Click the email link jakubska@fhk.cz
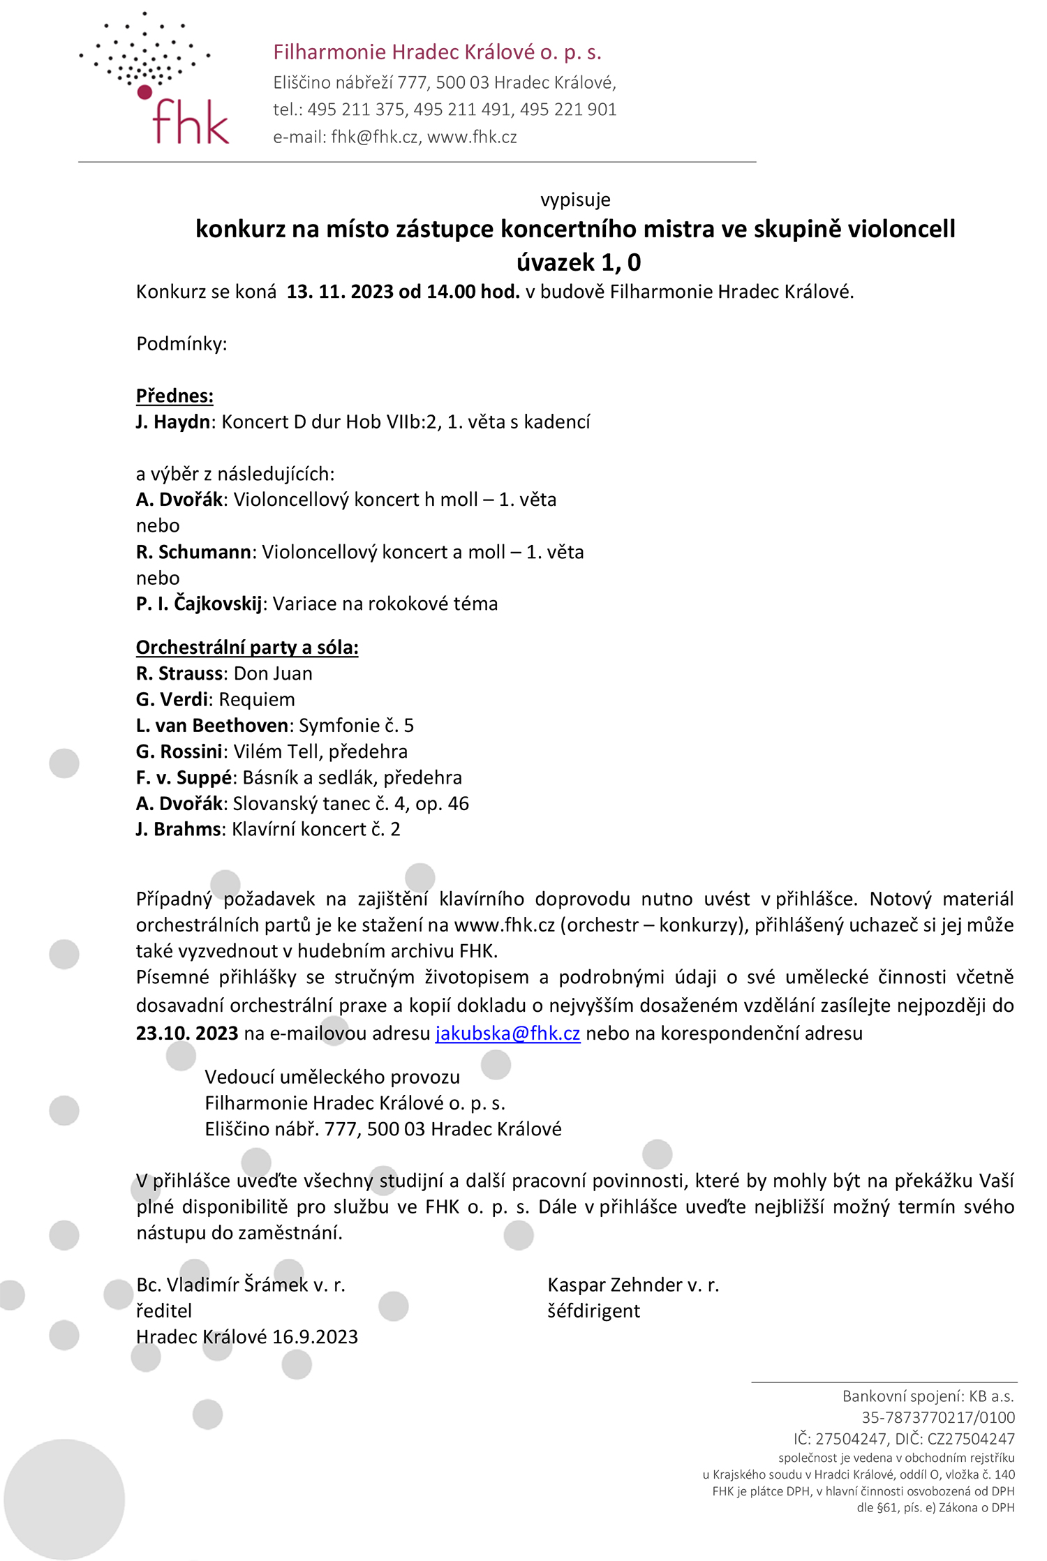coord(507,1033)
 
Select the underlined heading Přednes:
coord(174,396)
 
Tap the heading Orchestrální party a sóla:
coord(247,648)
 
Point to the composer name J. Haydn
coord(173,422)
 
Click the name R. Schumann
coord(193,552)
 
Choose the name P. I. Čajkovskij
coord(199,604)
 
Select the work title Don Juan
coord(273,673)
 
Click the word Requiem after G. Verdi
coord(257,699)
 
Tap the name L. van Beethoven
coord(212,726)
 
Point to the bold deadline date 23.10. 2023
coord(187,1033)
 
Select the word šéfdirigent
coord(593,1310)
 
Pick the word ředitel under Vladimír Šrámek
coord(164,1310)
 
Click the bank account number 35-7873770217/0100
coord(938,1417)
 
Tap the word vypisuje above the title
coord(575,200)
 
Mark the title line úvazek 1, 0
coord(579,262)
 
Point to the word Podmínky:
coord(181,344)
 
